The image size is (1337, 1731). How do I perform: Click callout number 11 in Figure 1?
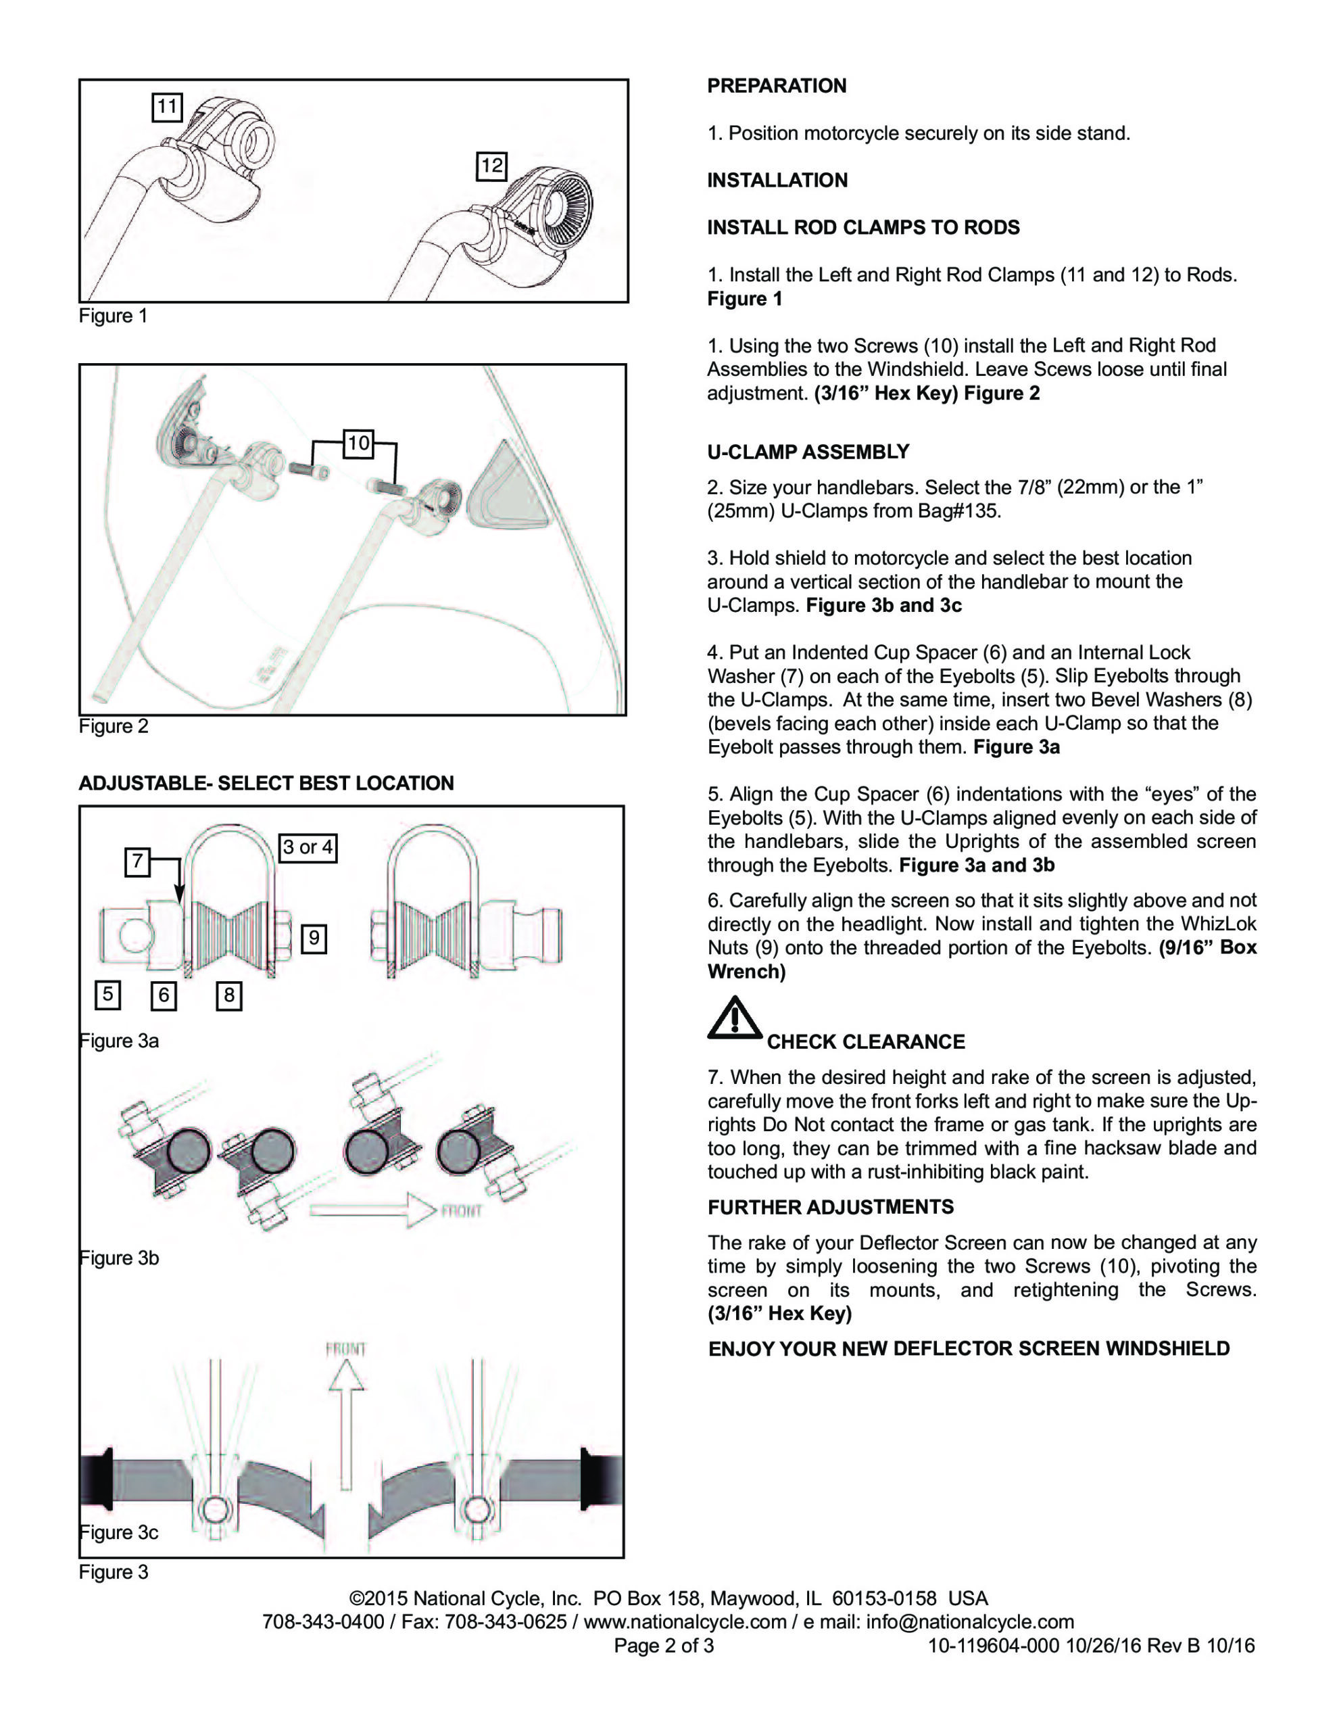click(166, 106)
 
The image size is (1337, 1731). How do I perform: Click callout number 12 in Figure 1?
click(491, 166)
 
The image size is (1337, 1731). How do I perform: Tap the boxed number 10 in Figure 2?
click(358, 443)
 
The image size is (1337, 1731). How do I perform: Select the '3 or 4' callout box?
click(308, 847)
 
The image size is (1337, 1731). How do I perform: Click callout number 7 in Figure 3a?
click(138, 861)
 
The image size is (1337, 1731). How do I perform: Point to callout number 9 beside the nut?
click(314, 939)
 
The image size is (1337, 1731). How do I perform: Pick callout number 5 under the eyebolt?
click(107, 995)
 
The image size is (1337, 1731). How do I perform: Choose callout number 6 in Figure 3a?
click(164, 995)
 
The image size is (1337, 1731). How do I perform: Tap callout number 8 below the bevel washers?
click(229, 995)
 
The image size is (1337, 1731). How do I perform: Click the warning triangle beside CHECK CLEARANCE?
click(734, 1018)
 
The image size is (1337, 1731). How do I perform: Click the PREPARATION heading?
click(776, 86)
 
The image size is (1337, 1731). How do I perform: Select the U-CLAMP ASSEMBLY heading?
click(808, 452)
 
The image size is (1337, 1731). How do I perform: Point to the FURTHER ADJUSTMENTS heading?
click(831, 1207)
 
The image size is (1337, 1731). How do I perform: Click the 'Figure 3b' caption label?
click(120, 1258)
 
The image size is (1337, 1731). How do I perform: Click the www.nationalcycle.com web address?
click(685, 1621)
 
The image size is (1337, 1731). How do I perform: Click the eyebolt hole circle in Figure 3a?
click(137, 936)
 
